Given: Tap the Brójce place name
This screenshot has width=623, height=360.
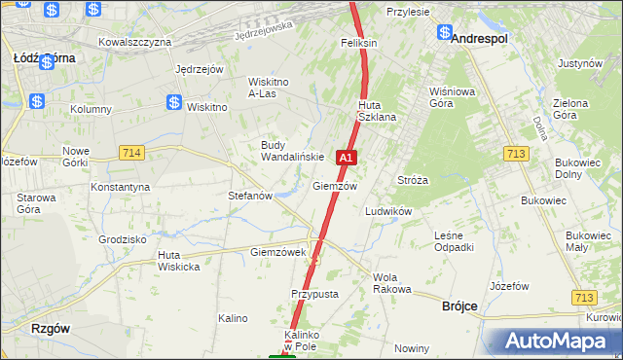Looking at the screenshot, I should coord(459,306).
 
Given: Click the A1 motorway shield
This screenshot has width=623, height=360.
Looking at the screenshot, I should coord(346,157).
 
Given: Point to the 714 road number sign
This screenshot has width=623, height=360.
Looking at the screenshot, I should coord(132,153).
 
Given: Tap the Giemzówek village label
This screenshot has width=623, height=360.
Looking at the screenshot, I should coord(278,252).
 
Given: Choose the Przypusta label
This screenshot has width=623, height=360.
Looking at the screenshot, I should coord(314,293).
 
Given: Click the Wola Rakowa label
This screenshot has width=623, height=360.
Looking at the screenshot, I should coord(392,283).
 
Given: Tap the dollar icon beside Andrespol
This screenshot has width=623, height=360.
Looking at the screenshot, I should coord(445,32).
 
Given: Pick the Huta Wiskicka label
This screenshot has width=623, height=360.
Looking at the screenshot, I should coord(179,261).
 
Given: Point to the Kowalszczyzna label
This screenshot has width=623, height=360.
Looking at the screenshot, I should coord(135,42).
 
